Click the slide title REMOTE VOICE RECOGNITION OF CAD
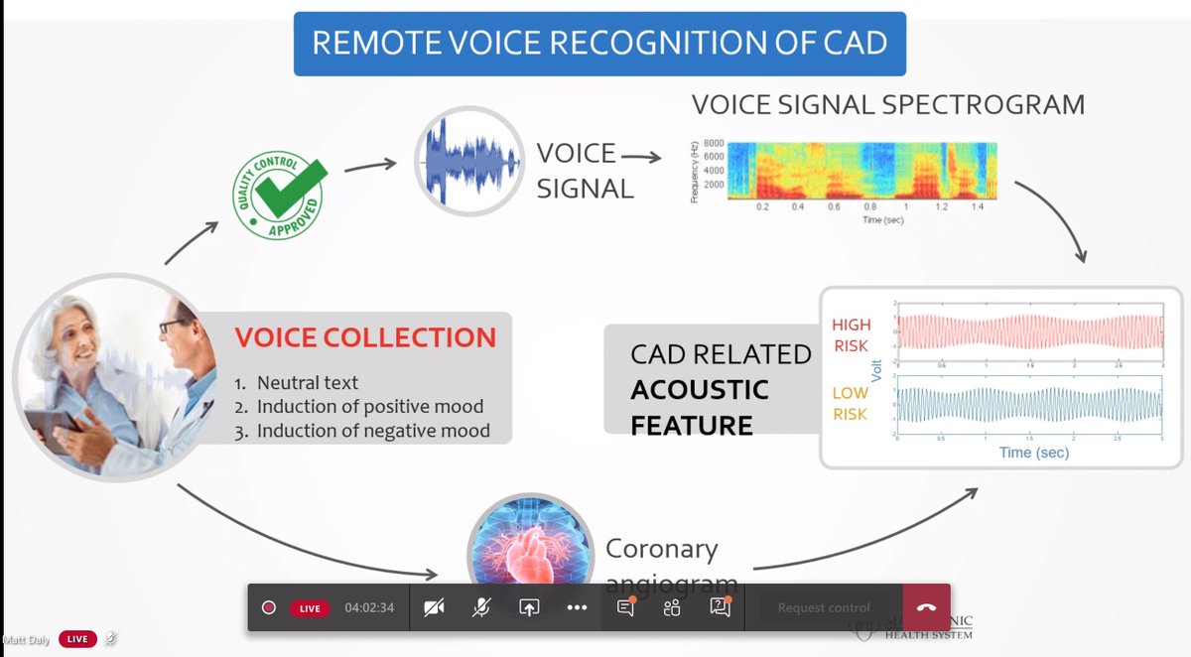598,44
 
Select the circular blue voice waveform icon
468,161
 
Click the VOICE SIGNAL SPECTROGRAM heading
887,105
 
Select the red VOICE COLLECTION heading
365,337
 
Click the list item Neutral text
308,382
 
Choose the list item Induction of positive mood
369,407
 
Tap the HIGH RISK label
850,333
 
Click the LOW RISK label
850,403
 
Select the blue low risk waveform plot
1028,405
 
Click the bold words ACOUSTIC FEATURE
699,407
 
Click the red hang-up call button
926,607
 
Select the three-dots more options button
577,607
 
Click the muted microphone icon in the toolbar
480,607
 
